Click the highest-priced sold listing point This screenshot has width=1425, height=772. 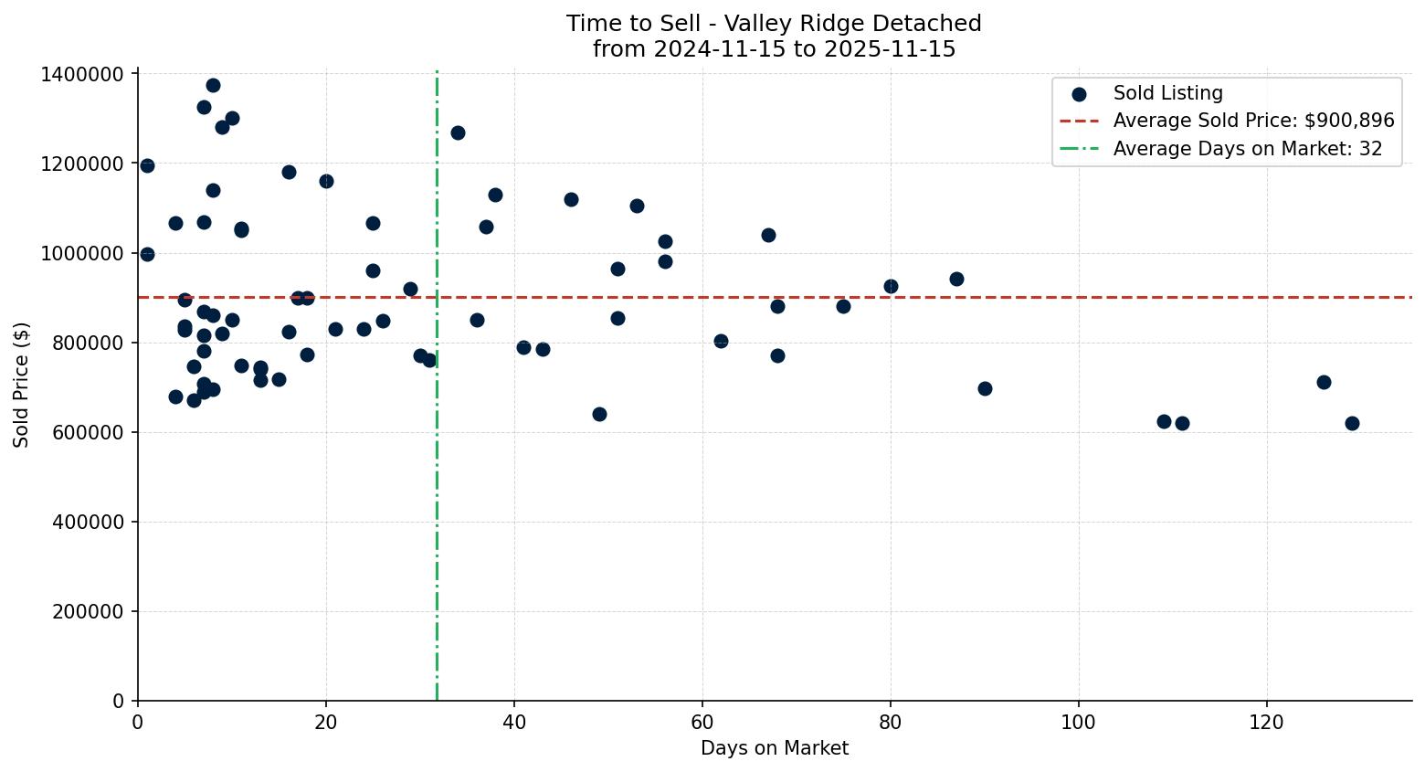tap(213, 86)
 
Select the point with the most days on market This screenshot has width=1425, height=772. tap(1352, 423)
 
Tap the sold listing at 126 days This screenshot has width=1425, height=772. tap(1324, 382)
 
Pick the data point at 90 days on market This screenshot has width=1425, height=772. tap(985, 388)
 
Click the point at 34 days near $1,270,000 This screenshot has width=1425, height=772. tap(458, 132)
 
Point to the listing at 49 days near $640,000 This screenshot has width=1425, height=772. tap(599, 414)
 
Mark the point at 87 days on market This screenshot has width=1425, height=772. tap(956, 279)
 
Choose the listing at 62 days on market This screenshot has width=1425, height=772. tap(721, 341)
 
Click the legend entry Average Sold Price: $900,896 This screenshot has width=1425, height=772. tap(1253, 121)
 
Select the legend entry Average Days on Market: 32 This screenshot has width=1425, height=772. tap(1247, 149)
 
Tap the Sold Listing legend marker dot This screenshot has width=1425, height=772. tap(1079, 94)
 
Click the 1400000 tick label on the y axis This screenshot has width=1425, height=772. tap(82, 74)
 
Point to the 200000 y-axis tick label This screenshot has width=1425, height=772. tap(88, 611)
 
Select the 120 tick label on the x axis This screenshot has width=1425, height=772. tap(1267, 722)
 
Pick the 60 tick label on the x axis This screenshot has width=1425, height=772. tap(702, 722)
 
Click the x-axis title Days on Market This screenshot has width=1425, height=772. tap(774, 748)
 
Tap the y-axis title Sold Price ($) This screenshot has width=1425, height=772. tap(22, 385)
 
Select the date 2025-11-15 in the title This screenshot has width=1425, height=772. tap(889, 49)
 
